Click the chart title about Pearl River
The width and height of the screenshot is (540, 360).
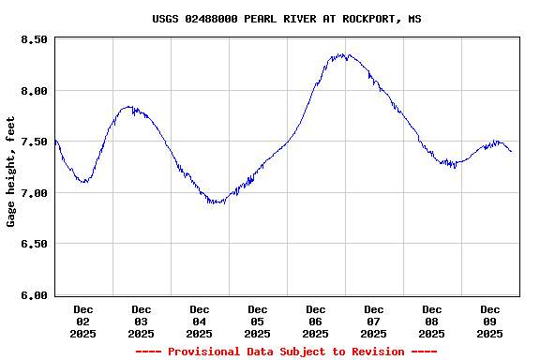[287, 18]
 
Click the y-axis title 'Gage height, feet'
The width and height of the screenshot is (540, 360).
[11, 172]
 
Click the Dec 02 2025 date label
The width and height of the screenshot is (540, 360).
[83, 321]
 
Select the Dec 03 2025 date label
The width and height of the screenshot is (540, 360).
[142, 321]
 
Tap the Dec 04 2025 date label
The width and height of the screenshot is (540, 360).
[200, 321]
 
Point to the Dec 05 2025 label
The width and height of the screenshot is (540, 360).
[258, 321]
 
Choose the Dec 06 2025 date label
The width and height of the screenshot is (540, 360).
[316, 321]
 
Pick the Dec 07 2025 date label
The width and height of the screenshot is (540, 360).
[374, 321]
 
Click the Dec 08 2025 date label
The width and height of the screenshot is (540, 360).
[432, 321]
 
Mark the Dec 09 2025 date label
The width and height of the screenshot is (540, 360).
[490, 321]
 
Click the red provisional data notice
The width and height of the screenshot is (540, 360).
[286, 352]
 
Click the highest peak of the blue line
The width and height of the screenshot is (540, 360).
[343, 55]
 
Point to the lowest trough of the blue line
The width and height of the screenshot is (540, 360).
[217, 202]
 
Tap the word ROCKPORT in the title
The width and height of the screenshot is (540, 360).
[367, 18]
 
